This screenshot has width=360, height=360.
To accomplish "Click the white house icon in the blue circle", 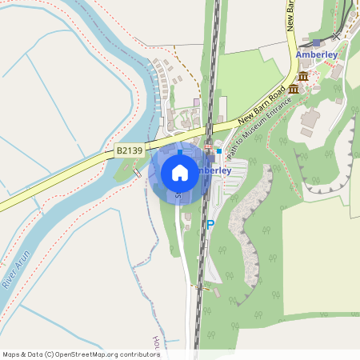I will [179, 173].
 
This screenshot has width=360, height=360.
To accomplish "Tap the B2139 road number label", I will [129, 150].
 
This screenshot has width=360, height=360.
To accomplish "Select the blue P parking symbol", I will [210, 226].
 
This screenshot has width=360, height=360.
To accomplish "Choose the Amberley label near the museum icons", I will [318, 54].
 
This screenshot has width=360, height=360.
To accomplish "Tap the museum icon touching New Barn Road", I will [294, 88].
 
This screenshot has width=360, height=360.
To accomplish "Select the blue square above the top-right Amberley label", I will [317, 42].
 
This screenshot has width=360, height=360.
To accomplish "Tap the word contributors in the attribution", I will [138, 354].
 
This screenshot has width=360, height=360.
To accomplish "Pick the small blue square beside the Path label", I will [219, 150].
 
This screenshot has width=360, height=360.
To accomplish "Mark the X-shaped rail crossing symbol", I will [336, 35].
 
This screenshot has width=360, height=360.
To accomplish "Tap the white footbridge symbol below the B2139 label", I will [137, 172].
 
